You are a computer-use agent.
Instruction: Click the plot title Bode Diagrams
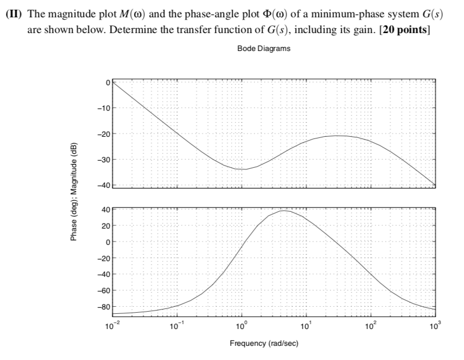coord(264,49)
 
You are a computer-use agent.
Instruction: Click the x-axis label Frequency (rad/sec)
coord(264,344)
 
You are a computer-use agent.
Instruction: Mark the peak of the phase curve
coord(284,211)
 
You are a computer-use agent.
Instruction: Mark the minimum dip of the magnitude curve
coord(243,169)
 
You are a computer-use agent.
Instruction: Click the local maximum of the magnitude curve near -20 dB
coord(338,136)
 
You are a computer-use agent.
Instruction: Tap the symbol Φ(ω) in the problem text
coord(260,14)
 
